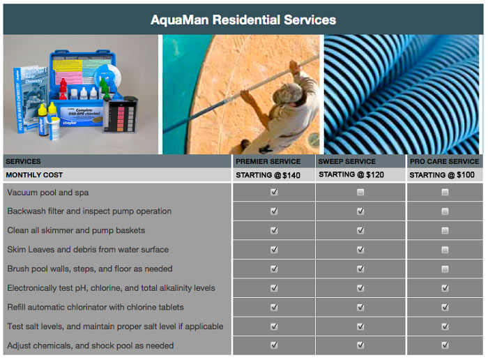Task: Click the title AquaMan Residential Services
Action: (x=243, y=20)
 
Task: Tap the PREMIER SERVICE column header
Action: (x=268, y=161)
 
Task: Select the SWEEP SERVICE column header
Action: (x=346, y=161)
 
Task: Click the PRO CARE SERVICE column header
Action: (x=445, y=161)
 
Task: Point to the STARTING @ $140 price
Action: (x=268, y=175)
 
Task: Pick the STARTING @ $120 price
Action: (x=351, y=174)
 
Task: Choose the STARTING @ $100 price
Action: (x=442, y=175)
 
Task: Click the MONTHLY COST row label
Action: (x=34, y=175)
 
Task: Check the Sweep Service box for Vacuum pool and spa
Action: (x=360, y=192)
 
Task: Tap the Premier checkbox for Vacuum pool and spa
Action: (x=274, y=192)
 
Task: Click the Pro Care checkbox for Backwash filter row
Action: (x=445, y=211)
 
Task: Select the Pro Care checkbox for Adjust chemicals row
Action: (x=445, y=345)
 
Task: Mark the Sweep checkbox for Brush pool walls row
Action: (x=360, y=269)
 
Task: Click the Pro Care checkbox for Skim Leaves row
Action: (x=445, y=250)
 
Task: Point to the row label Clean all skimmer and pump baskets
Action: (x=76, y=230)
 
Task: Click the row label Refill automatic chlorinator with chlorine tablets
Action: (x=96, y=307)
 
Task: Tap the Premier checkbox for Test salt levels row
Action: (x=274, y=327)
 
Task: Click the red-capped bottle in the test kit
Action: (x=63, y=89)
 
